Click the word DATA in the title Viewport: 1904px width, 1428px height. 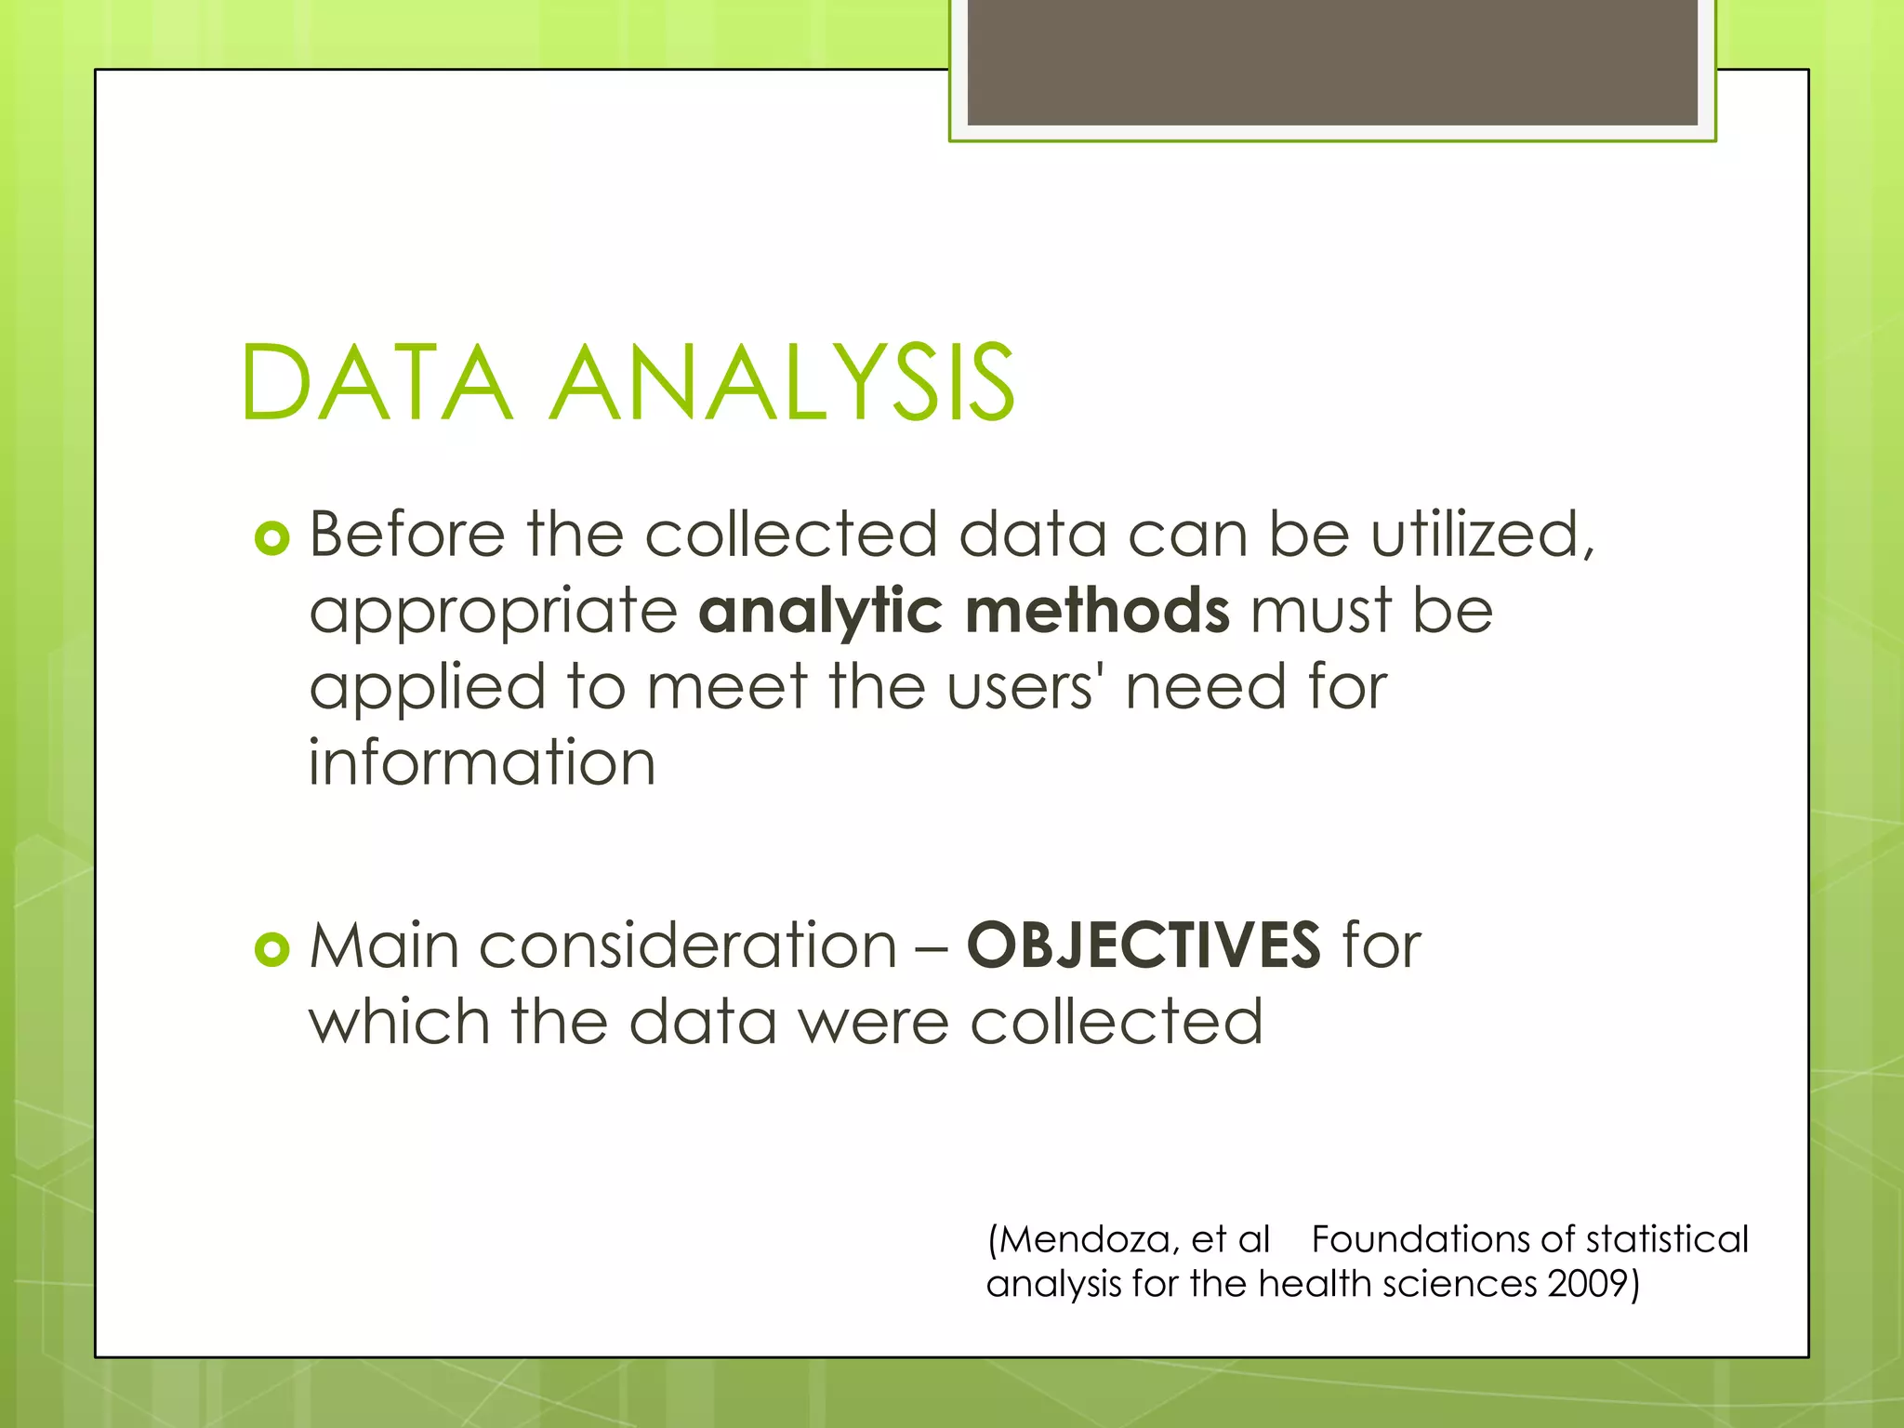(x=377, y=383)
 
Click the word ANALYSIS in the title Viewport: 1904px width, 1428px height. (x=784, y=383)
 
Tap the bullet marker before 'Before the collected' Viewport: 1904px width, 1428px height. (x=271, y=537)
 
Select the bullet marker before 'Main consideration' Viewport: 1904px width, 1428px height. (x=271, y=949)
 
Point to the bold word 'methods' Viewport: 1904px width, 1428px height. (x=1098, y=612)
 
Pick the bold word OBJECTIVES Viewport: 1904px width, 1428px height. (x=1144, y=945)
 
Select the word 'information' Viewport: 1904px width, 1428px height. (x=482, y=763)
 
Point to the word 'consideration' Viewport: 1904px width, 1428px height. (x=688, y=946)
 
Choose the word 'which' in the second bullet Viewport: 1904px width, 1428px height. (x=399, y=1022)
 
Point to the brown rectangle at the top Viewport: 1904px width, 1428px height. (x=1332, y=61)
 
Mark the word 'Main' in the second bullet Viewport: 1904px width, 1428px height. (x=384, y=946)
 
